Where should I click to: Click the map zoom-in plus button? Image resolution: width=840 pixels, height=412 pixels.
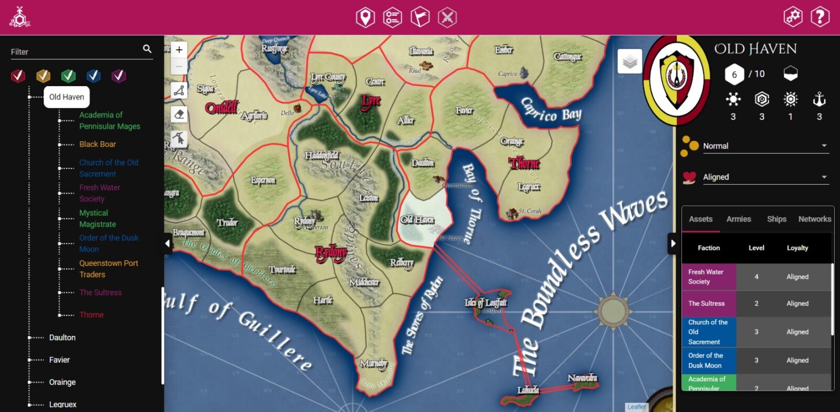(179, 50)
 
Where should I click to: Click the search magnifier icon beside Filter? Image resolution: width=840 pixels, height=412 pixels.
(147, 49)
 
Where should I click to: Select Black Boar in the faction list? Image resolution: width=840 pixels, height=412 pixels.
(98, 144)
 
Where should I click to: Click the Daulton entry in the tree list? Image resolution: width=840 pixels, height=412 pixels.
(62, 337)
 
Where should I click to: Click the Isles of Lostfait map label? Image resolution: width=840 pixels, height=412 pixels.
(486, 303)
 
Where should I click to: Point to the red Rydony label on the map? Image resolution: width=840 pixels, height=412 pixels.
(331, 253)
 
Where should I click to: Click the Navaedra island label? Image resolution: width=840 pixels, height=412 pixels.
(582, 378)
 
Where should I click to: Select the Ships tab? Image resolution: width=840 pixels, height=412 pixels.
(776, 219)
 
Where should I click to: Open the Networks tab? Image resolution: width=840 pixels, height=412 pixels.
(814, 219)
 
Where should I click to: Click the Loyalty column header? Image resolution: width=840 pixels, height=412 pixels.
(797, 248)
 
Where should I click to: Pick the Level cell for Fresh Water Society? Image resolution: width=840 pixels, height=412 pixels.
(756, 277)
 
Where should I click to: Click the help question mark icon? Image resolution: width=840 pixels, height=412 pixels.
(820, 17)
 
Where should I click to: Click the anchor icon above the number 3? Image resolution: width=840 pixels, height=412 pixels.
(819, 99)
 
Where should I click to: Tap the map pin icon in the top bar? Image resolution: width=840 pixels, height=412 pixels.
(365, 17)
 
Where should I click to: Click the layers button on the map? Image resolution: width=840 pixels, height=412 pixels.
(630, 62)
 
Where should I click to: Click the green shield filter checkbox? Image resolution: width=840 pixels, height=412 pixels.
(68, 76)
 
